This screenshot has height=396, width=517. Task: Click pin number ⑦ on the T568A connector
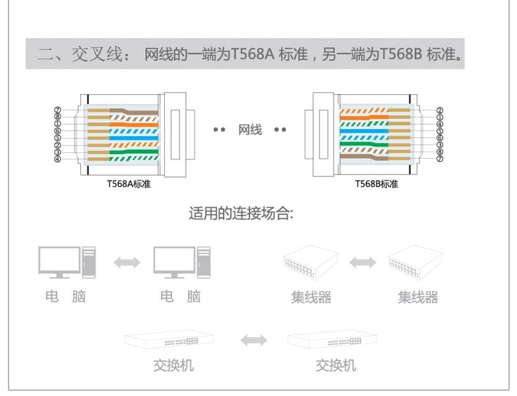[58, 110]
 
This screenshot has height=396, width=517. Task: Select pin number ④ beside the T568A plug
[58, 159]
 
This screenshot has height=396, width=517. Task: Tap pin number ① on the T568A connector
[58, 124]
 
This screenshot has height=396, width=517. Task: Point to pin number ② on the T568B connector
[440, 110]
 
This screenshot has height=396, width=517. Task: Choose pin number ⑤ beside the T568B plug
[440, 131]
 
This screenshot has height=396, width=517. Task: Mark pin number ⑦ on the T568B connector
[440, 159]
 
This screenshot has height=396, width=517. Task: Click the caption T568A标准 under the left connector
[129, 184]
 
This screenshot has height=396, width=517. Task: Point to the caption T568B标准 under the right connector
[376, 184]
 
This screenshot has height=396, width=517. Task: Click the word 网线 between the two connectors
[250, 130]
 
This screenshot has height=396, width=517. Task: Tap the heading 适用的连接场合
[241, 214]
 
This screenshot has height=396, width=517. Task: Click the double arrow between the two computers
[127, 262]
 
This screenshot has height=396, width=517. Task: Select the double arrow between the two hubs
[363, 263]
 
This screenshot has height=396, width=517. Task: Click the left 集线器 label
[311, 298]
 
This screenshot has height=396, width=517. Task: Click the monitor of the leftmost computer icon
[59, 260]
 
